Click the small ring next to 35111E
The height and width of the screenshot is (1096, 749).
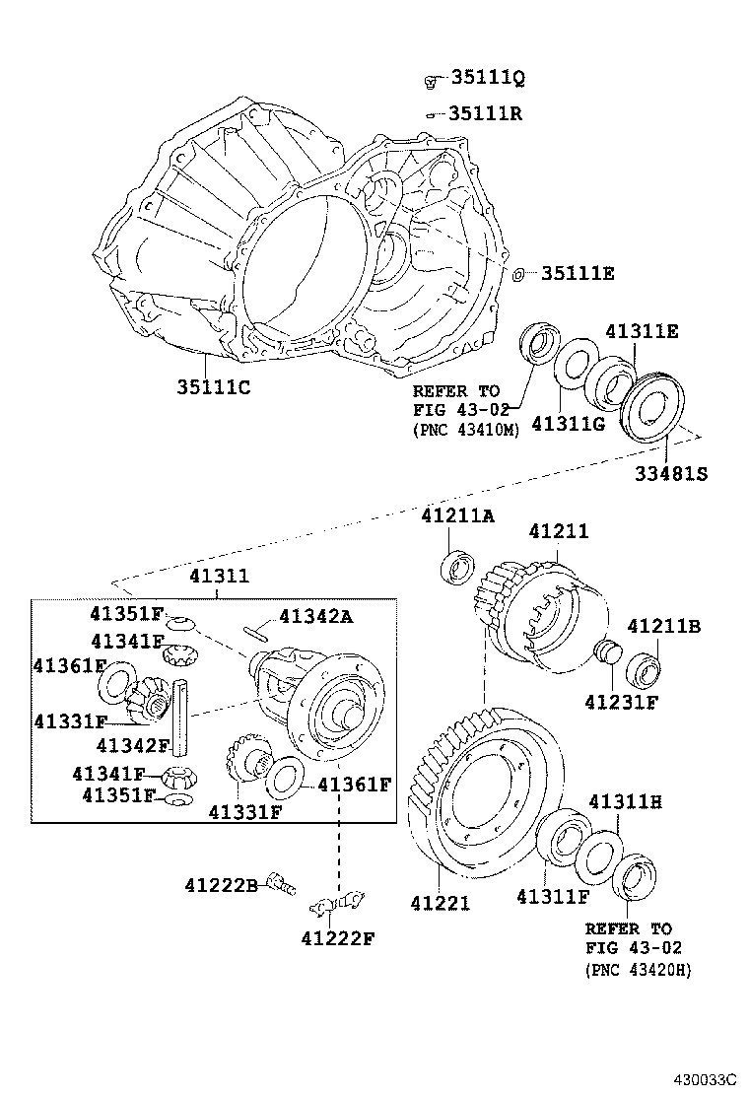click(x=518, y=273)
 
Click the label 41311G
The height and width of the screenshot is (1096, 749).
click(x=568, y=424)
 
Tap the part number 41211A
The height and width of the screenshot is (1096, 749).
click(x=457, y=515)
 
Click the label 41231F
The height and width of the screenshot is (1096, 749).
click(x=621, y=703)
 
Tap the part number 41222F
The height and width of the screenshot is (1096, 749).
click(x=339, y=937)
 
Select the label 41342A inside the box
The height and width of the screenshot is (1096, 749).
click(x=315, y=617)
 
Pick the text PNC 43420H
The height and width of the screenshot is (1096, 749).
click(x=639, y=970)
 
